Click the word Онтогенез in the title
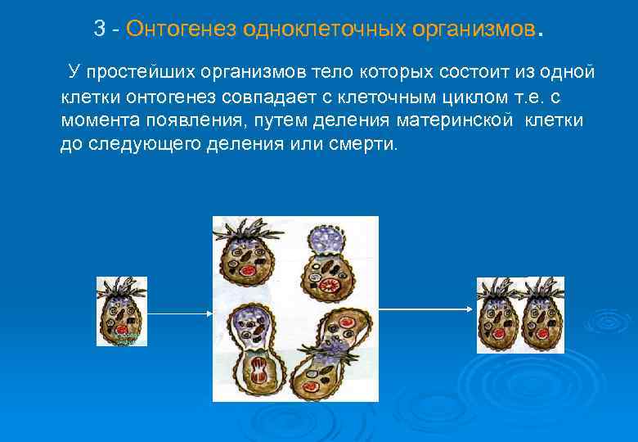(180, 30)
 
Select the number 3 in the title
(100, 30)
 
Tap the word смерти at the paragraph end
(368, 144)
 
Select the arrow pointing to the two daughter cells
(425, 309)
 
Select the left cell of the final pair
(499, 315)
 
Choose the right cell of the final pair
(542, 315)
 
